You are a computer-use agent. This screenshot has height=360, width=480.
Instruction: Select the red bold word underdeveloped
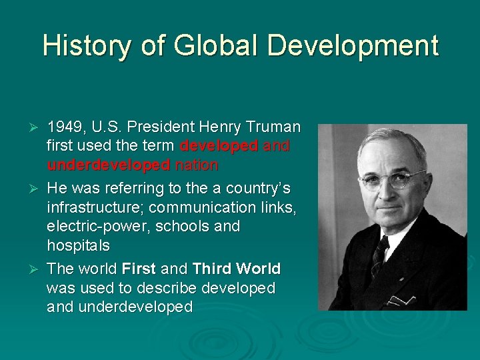click(108, 165)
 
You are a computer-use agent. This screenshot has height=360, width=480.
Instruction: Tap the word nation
click(196, 165)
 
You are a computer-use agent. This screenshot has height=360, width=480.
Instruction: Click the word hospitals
click(78, 245)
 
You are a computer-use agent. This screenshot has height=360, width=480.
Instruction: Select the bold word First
click(139, 269)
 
